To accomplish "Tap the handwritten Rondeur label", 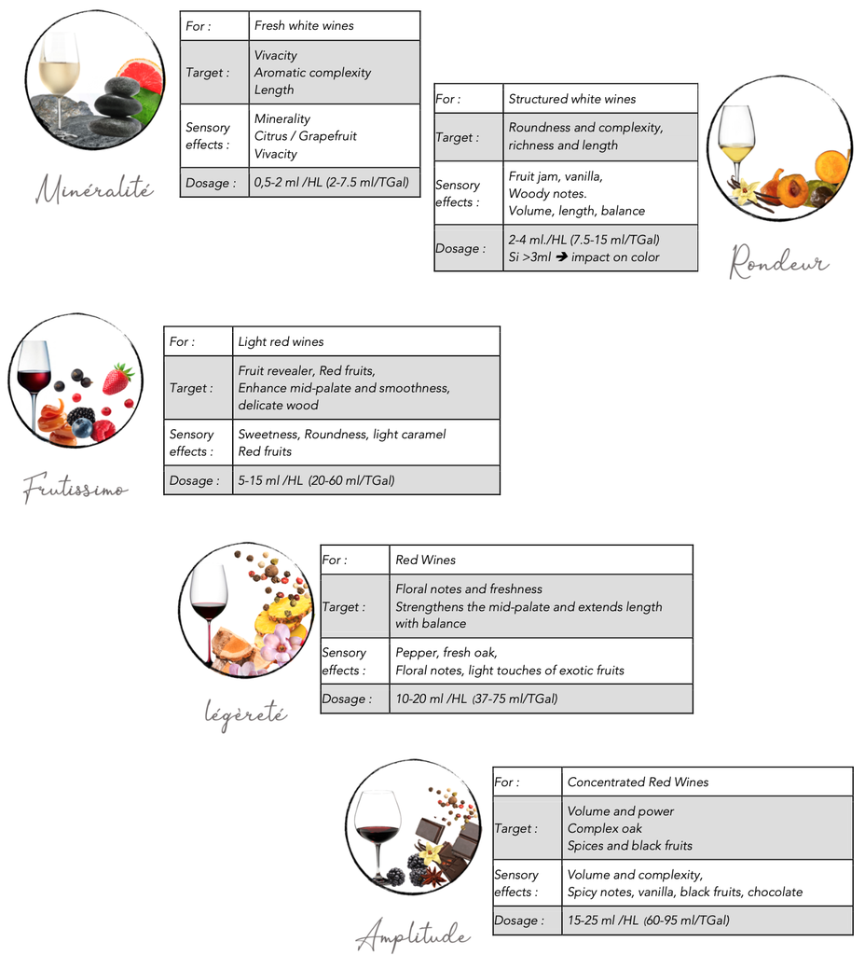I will [x=778, y=262].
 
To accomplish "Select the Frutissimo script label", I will [x=75, y=487].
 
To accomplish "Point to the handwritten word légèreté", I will [x=245, y=714].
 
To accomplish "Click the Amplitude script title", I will [x=413, y=934].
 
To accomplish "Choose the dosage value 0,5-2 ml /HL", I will [x=331, y=183].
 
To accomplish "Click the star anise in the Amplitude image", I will [x=434, y=876].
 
